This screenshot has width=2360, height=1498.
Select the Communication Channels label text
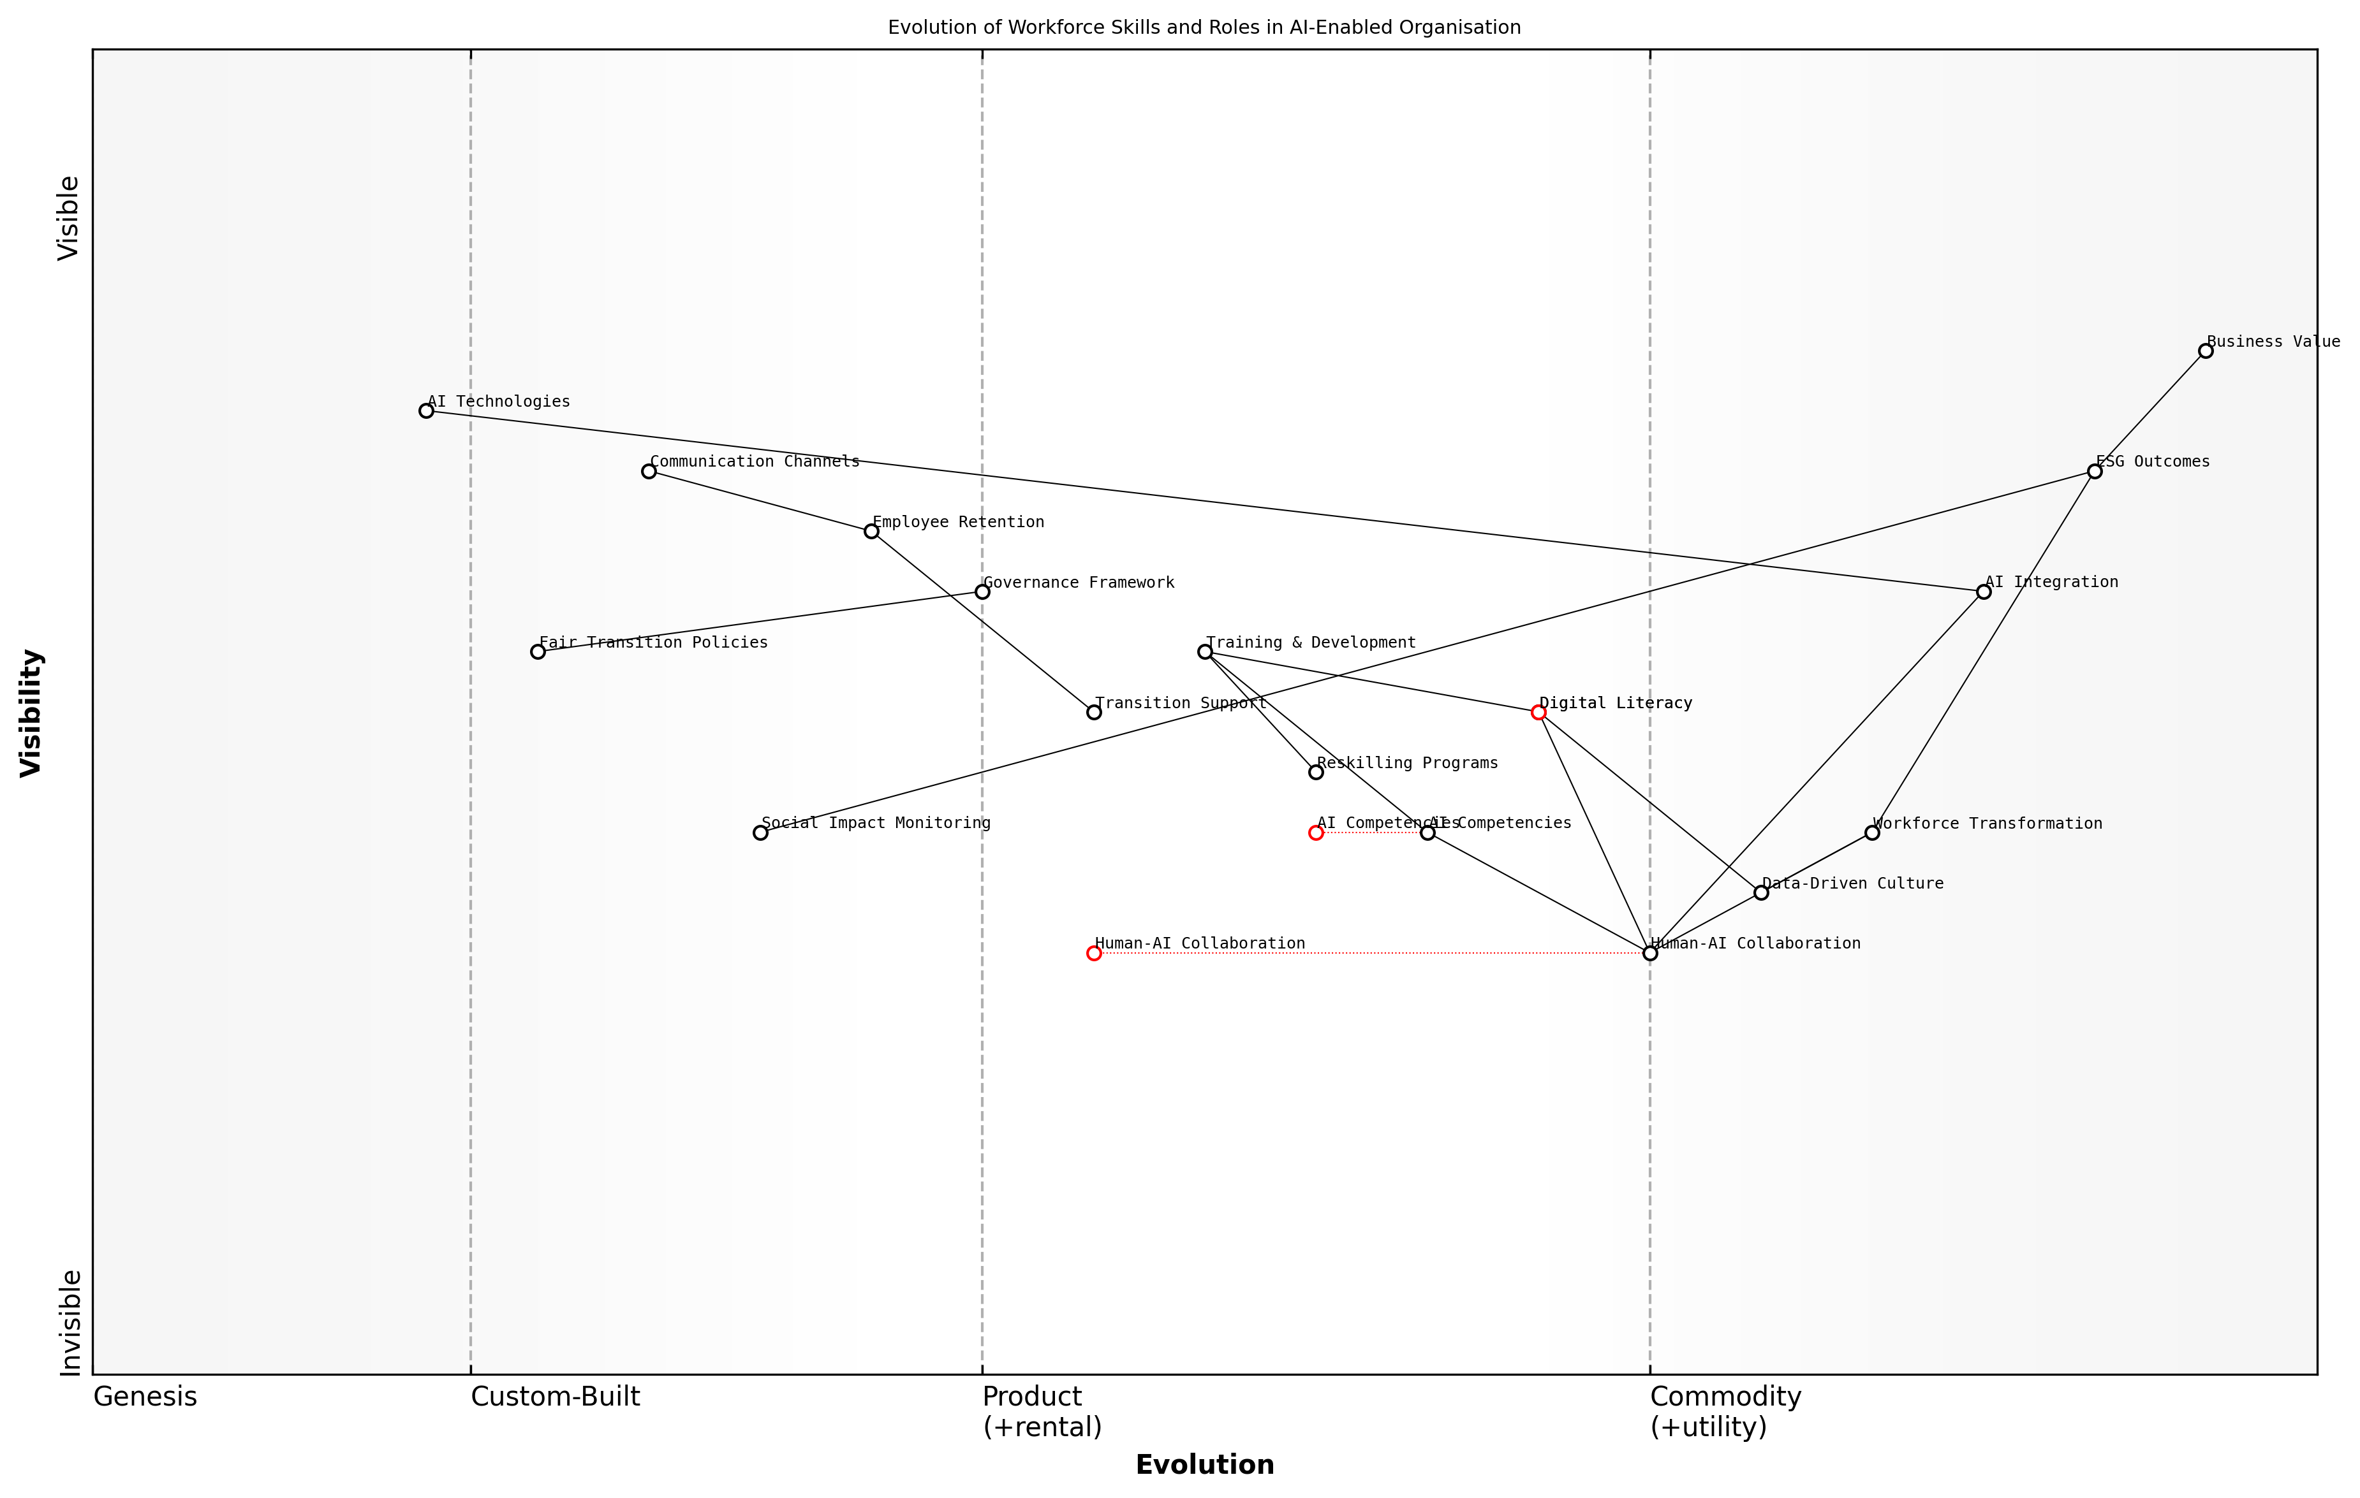[x=755, y=462]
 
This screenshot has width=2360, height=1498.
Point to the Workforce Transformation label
[x=1988, y=824]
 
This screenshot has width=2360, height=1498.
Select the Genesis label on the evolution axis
[x=145, y=1397]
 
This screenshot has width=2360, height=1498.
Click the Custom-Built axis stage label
[x=555, y=1397]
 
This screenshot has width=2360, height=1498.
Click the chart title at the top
[x=1204, y=27]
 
